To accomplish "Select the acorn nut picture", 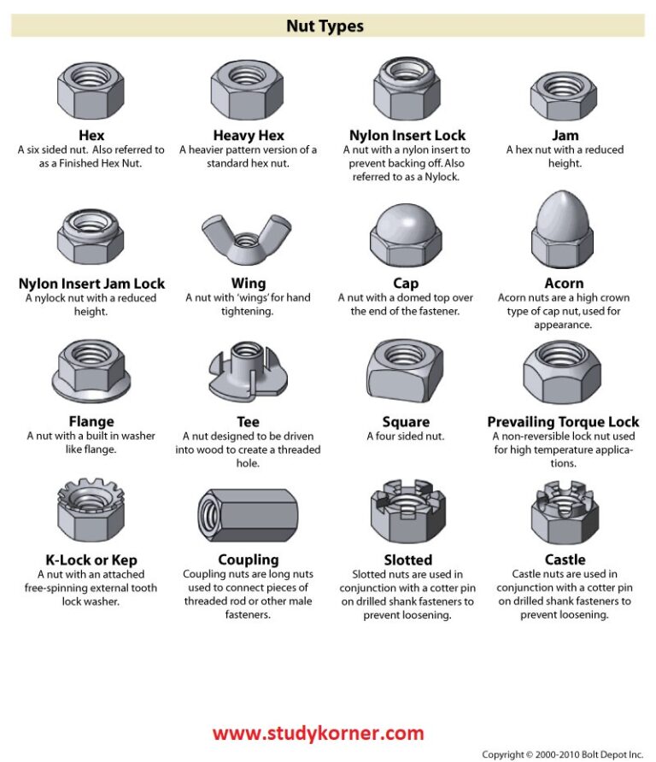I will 563,230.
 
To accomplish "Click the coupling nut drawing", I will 248,515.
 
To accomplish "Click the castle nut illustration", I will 563,514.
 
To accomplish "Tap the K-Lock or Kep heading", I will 91,560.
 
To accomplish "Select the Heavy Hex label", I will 249,135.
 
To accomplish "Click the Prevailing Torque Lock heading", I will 563,422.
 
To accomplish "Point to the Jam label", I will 565,135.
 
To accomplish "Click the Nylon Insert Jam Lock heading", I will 91,284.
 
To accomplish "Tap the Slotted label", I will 407,560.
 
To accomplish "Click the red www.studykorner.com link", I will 318,733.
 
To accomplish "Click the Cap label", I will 406,284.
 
